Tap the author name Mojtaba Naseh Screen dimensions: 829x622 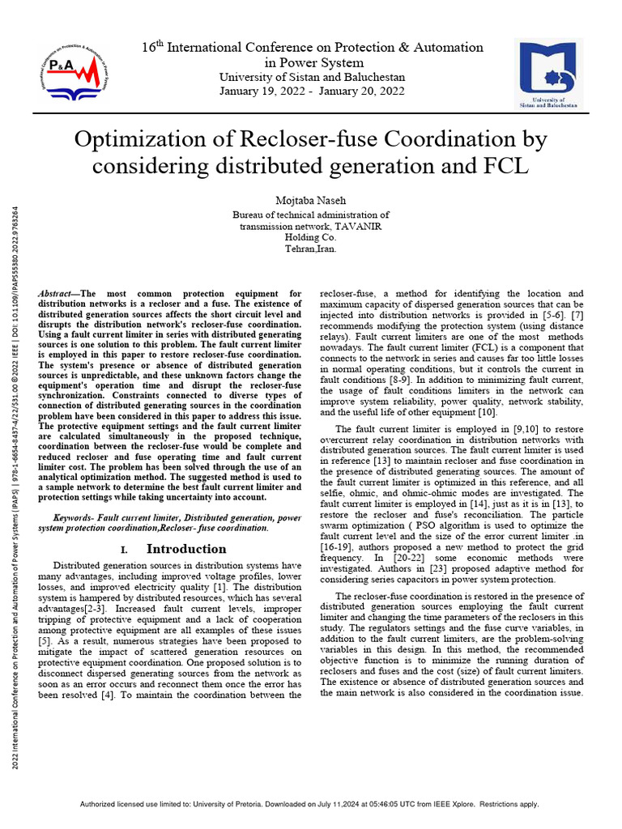click(x=310, y=199)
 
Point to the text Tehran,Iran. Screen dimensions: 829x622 click(x=310, y=249)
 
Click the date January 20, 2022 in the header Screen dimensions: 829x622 click(x=364, y=91)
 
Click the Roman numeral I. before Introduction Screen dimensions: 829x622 click(x=124, y=550)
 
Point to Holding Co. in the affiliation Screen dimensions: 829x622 click(x=310, y=238)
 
